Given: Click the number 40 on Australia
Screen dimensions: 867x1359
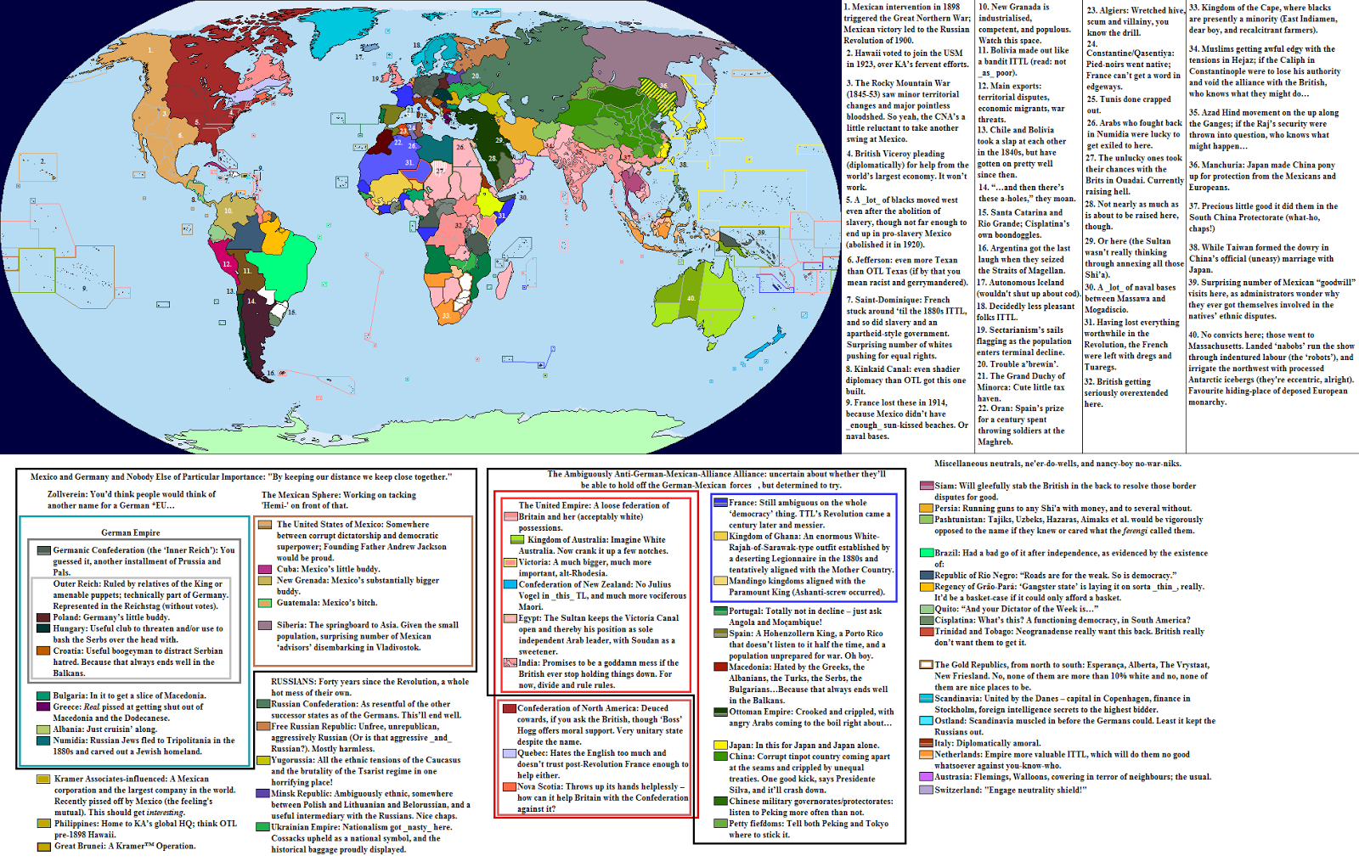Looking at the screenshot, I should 691,298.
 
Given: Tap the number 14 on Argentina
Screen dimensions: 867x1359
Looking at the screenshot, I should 251,301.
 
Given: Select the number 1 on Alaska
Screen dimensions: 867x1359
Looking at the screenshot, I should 150,50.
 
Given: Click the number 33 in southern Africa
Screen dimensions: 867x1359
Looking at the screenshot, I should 446,316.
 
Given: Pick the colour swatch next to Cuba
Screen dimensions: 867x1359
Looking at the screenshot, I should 264,569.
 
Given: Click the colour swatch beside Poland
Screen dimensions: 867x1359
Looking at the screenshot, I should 42,617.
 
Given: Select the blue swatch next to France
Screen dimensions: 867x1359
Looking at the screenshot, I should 720,503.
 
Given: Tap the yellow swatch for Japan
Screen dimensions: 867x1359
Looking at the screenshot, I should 720,746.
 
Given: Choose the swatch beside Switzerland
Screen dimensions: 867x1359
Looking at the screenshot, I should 927,790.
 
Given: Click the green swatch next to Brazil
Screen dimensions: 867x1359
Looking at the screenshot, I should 927,553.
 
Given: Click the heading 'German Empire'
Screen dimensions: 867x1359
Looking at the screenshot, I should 131,532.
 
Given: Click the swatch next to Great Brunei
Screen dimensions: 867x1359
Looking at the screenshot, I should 42,846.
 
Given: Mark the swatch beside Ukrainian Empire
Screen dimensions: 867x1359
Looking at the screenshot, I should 263,827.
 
